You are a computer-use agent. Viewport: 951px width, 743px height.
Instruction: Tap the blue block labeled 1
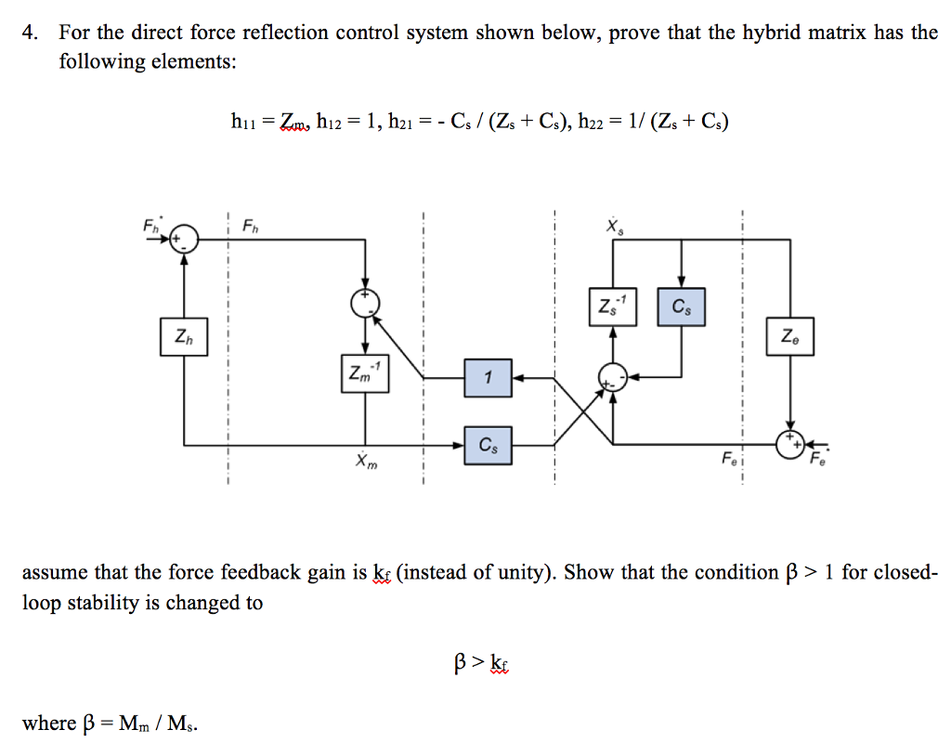point(489,377)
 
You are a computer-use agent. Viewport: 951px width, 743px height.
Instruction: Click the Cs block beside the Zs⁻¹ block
point(682,306)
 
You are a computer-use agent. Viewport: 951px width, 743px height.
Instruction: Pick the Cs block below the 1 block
point(489,446)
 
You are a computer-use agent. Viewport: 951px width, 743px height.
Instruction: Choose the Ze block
point(789,335)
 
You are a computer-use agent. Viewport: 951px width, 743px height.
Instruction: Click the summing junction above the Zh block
point(185,238)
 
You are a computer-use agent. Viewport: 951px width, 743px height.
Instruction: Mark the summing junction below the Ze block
point(790,445)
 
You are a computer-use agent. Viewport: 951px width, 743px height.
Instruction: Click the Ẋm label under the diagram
point(366,462)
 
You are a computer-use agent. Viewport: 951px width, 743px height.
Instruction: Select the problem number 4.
point(32,33)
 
